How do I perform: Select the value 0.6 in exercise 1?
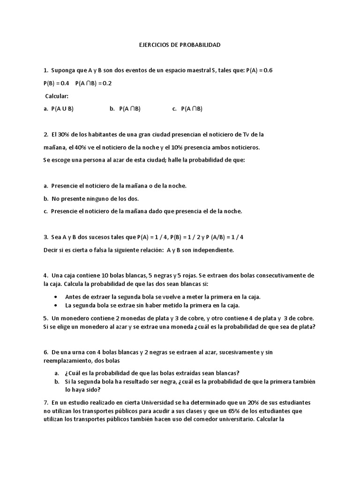pyautogui.click(x=268, y=71)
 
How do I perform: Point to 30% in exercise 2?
pyautogui.click(x=65, y=135)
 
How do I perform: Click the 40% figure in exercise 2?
pyautogui.click(x=80, y=147)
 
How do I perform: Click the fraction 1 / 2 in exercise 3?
pyautogui.click(x=179, y=237)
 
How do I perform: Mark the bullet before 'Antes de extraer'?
pyautogui.click(x=56, y=297)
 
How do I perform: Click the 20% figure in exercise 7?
pyautogui.click(x=257, y=403)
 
